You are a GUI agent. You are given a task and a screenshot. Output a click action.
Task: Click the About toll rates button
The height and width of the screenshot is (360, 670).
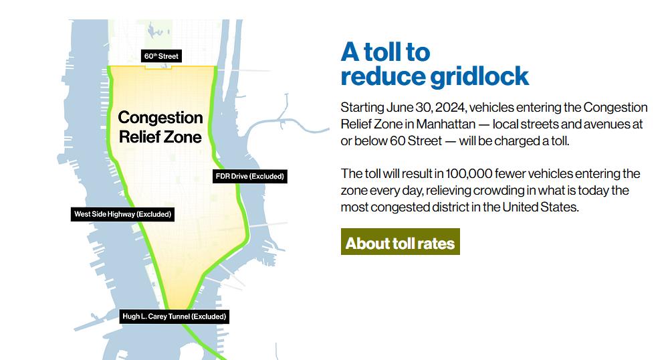point(401,242)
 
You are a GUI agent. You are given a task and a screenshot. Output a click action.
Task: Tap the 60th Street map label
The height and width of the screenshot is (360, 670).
point(162,56)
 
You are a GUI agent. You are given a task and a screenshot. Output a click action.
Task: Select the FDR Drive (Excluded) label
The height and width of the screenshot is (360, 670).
point(250,176)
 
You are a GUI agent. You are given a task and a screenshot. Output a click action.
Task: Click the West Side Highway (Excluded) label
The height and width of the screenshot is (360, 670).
point(122,214)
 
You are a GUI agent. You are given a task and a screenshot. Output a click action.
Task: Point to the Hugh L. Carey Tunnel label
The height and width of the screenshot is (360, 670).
point(175,317)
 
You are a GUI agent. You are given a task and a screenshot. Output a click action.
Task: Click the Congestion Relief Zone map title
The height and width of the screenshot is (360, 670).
point(160,127)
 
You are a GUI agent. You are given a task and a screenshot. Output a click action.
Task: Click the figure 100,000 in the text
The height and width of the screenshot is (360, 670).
point(469,174)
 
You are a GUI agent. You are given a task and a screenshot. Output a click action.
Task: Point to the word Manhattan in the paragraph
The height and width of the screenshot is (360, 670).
point(446,124)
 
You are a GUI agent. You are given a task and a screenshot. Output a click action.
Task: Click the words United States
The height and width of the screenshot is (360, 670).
point(540,207)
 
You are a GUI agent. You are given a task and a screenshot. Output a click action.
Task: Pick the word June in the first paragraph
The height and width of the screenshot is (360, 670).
point(399,107)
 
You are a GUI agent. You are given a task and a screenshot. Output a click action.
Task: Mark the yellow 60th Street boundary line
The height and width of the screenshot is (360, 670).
point(162,67)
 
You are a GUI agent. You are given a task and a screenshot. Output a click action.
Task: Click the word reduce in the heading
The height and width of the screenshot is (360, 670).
point(383,77)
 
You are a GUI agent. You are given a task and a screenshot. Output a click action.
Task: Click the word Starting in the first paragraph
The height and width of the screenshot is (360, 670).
point(362,108)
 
